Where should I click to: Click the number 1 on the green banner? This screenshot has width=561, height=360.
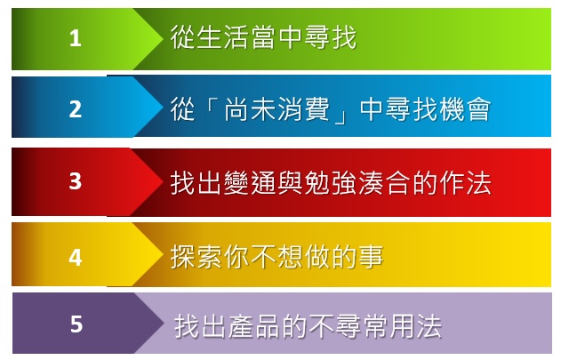coord(76,38)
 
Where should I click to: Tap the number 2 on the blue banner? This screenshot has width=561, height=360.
coord(76,108)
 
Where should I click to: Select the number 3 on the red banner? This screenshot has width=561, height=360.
coord(76,181)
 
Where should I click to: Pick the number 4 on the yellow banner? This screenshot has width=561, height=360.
coord(76,257)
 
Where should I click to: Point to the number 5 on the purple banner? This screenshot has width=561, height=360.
coord(76,324)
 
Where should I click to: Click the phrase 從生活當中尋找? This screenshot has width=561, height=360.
coord(263,36)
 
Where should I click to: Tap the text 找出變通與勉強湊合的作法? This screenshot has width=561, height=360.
coord(331,182)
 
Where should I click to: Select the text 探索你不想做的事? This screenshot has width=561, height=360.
coord(276,257)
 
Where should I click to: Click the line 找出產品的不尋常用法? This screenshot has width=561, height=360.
coord(308,326)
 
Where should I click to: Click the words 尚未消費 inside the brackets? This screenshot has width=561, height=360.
coord(276,109)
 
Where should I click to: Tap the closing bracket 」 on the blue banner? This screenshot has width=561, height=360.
coord(341,116)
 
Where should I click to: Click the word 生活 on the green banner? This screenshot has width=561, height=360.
coord(222,36)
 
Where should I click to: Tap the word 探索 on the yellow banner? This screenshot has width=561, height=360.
coord(196,257)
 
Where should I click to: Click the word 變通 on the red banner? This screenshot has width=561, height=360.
coord(250,182)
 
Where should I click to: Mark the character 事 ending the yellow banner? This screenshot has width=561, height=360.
coord(371,257)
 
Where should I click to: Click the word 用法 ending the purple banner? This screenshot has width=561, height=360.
coord(416,326)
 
